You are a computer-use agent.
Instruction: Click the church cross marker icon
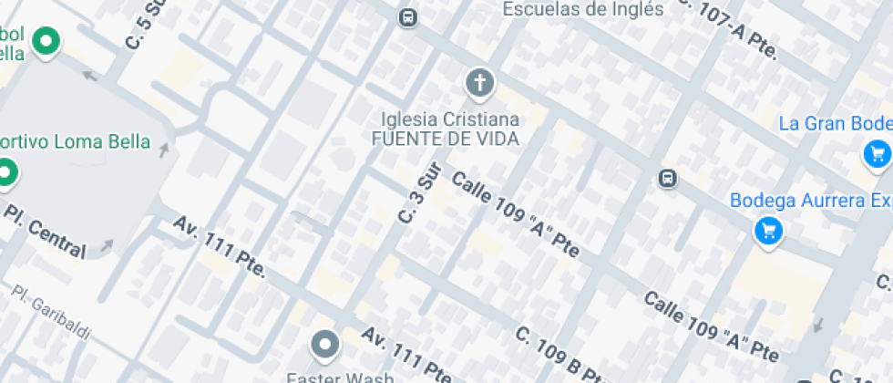click(478, 83)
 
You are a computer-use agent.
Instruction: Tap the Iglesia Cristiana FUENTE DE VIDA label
click(450, 129)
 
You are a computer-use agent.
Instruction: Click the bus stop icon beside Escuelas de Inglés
click(408, 16)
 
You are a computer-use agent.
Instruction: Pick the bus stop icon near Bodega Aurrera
click(668, 178)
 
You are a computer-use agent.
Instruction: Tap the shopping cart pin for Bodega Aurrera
click(768, 231)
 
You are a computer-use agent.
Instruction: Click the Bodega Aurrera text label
click(811, 200)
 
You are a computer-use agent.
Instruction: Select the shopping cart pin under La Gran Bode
click(877, 154)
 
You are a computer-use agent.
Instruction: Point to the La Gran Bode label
click(835, 123)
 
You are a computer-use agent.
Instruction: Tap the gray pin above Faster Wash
click(325, 345)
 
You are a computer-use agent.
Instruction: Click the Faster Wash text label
click(341, 377)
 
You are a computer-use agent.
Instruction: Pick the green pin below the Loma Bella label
click(7, 172)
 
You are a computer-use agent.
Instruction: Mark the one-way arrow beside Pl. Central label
click(107, 244)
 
